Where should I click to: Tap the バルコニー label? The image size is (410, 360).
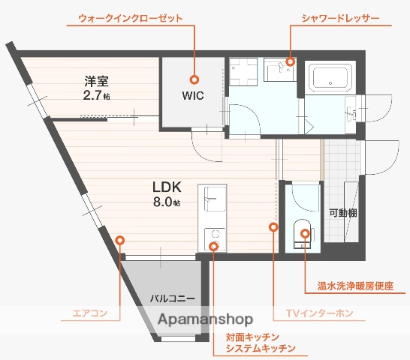(172, 298)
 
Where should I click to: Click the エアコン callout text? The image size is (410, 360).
(89, 313)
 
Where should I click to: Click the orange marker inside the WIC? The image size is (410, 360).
(194, 78)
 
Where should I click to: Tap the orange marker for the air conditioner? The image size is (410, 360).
(120, 240)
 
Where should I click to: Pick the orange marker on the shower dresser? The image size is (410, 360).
(290, 62)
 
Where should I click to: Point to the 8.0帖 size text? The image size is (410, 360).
(167, 202)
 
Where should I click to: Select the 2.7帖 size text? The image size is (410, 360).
(97, 96)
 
